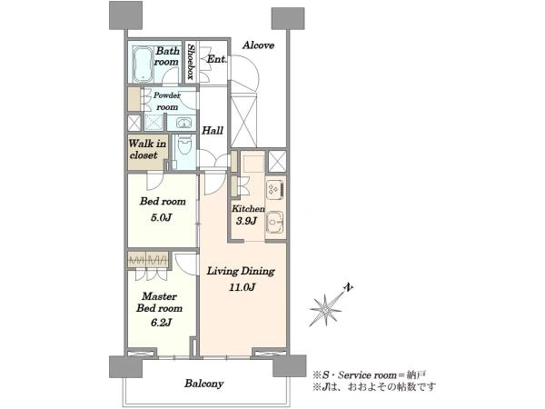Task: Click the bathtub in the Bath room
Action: (142, 64)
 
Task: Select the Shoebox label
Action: (191, 61)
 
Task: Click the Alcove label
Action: (258, 45)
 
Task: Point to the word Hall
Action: (213, 130)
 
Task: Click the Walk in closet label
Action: (147, 149)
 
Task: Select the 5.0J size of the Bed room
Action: (162, 218)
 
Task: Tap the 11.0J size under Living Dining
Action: (242, 287)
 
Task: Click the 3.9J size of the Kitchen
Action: (246, 221)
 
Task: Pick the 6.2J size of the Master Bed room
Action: (162, 323)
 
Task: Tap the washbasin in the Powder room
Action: (183, 123)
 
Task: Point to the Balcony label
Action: (204, 384)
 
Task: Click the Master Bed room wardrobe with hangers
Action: (148, 259)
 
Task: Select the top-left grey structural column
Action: (125, 15)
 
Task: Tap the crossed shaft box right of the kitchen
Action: (277, 161)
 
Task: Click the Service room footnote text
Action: (369, 374)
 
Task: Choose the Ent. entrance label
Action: (216, 59)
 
